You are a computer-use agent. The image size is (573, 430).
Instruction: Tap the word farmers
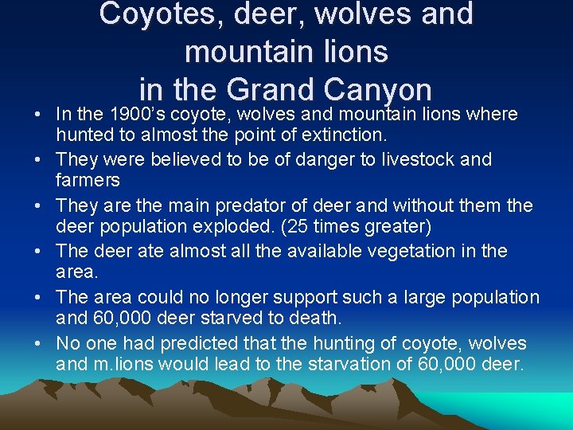(88, 181)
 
